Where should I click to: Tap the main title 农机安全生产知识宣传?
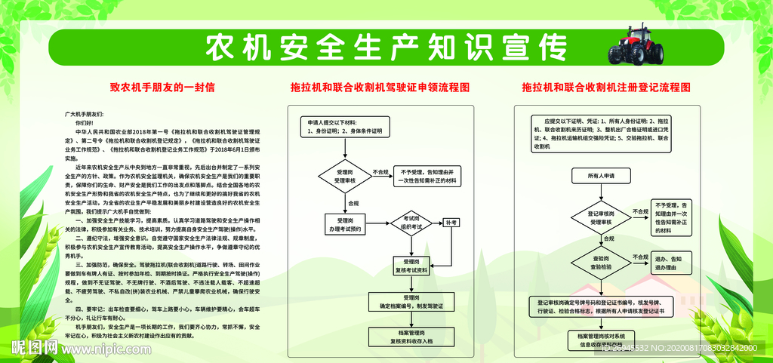pyautogui.click(x=386, y=48)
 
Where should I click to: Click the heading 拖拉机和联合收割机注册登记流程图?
pyautogui.click(x=606, y=88)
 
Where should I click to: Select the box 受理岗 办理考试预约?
pyautogui.click(x=346, y=225)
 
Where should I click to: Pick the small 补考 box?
pyautogui.click(x=451, y=223)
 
